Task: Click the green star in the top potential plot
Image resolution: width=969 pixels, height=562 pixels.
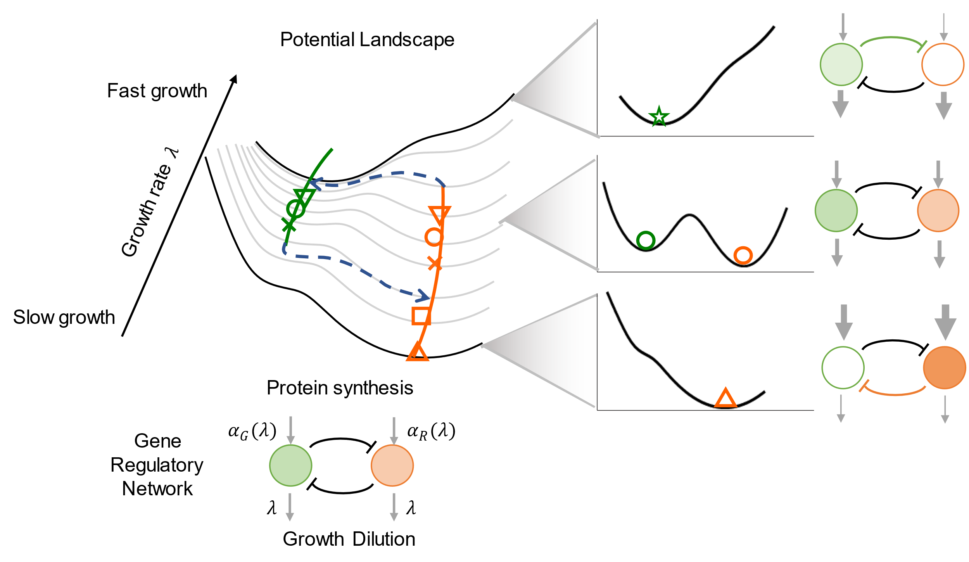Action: click(659, 117)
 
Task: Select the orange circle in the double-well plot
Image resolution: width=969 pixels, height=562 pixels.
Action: click(743, 256)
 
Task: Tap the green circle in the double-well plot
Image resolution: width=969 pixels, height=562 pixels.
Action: click(646, 240)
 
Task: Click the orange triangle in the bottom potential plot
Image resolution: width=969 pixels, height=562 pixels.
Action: click(725, 398)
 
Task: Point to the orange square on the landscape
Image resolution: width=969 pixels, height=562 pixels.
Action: click(421, 316)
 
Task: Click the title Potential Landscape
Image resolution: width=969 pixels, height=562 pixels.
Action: click(367, 40)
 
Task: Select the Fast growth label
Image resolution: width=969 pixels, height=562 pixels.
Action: click(157, 91)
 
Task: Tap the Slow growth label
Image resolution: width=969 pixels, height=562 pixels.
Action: click(64, 317)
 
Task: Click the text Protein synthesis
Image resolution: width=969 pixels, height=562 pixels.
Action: click(340, 388)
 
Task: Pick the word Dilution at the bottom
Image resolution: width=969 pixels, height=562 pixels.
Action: click(384, 539)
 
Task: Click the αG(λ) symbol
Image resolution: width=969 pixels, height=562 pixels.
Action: click(252, 431)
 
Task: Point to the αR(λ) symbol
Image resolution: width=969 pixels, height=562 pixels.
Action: click(431, 431)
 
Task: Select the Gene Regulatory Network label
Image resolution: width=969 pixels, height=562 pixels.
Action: click(157, 465)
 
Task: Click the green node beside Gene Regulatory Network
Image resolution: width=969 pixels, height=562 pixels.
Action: click(290, 465)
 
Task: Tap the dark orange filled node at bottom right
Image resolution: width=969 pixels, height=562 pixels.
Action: click(944, 368)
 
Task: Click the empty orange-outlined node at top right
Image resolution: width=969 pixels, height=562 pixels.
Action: click(943, 64)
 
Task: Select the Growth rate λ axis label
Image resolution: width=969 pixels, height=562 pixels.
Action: click(149, 203)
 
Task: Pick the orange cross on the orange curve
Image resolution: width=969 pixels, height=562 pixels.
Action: click(435, 263)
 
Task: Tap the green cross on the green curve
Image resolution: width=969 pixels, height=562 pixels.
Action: click(289, 225)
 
